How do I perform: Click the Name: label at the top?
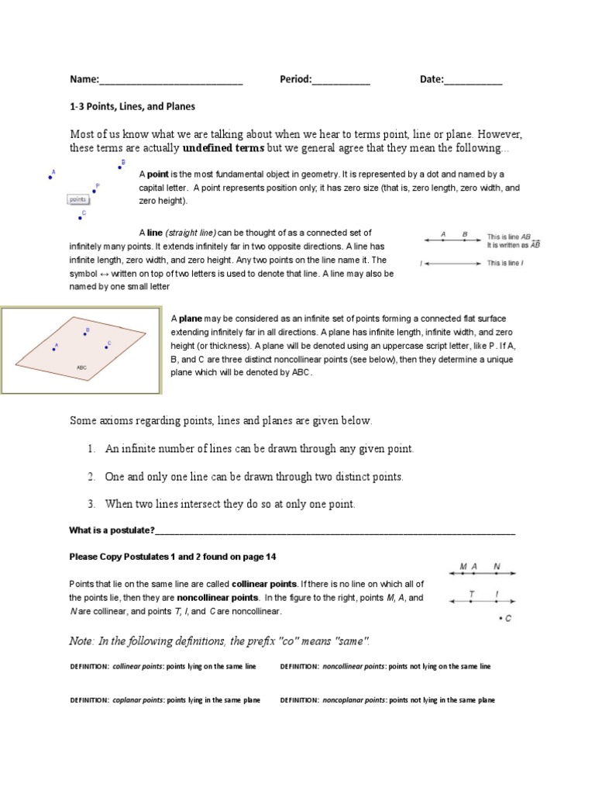(x=84, y=79)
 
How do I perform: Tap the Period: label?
(x=296, y=79)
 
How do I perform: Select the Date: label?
(x=432, y=79)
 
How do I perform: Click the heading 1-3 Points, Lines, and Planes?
(x=132, y=106)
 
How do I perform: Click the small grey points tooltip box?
(x=77, y=199)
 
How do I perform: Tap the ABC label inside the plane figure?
(x=81, y=367)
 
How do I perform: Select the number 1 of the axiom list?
(x=91, y=449)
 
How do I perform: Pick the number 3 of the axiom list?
(x=91, y=504)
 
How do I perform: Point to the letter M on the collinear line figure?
(x=463, y=567)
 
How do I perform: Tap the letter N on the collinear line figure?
(x=497, y=567)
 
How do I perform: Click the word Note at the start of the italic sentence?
(x=83, y=640)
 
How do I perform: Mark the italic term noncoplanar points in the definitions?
(x=359, y=700)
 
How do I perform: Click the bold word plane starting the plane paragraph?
(x=191, y=318)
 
